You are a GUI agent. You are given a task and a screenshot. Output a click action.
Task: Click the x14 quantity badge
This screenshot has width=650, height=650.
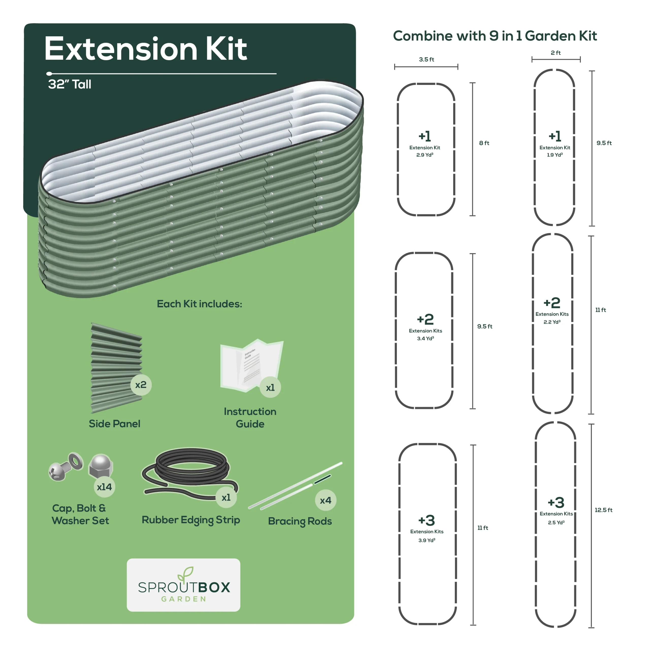tap(104, 487)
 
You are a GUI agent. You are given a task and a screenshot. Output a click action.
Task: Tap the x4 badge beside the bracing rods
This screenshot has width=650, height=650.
tap(326, 500)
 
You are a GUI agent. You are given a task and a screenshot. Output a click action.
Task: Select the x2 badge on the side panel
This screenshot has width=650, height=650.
tap(141, 385)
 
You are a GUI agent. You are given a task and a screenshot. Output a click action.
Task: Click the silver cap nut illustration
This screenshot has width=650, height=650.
tap(101, 466)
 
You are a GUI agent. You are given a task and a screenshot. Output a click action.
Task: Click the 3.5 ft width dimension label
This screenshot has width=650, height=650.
tap(426, 60)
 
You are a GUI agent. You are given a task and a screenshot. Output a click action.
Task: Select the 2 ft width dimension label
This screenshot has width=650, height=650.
tap(556, 53)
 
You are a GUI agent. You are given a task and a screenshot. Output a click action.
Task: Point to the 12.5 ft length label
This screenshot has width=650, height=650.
tap(604, 510)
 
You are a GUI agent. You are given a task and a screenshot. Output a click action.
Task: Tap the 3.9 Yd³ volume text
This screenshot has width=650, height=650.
tap(427, 540)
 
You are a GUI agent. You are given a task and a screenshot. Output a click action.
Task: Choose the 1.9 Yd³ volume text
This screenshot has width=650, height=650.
tap(555, 155)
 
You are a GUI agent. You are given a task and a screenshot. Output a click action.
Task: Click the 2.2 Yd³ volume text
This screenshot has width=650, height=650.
tap(552, 322)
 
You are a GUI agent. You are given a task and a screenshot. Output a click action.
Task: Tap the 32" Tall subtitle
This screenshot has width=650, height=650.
tap(70, 84)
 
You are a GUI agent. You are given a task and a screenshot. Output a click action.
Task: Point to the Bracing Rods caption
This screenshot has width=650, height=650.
tap(300, 521)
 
